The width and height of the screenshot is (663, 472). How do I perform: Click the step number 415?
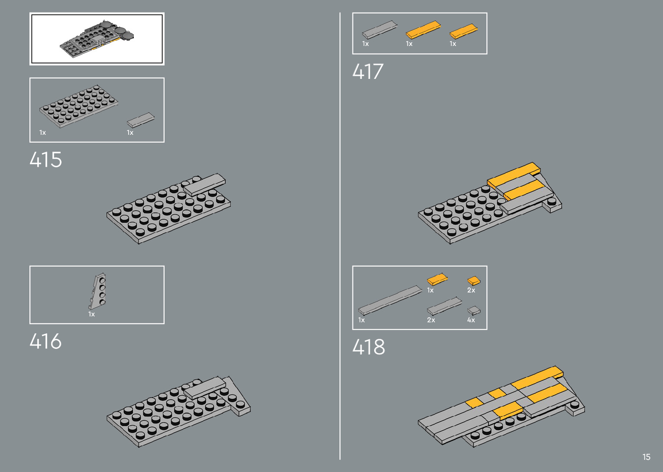pyautogui.click(x=46, y=160)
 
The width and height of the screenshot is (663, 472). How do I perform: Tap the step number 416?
pyautogui.click(x=45, y=342)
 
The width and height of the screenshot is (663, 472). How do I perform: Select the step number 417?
pyautogui.click(x=368, y=72)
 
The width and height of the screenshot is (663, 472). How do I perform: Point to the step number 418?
pyautogui.click(x=369, y=347)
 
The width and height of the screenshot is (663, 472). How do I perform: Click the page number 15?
pyautogui.click(x=646, y=457)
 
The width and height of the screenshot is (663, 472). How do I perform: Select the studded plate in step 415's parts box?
pyautogui.click(x=78, y=106)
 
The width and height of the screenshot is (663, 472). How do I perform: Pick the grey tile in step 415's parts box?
pyautogui.click(x=140, y=120)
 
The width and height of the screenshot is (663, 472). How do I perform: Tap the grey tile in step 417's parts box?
pyautogui.click(x=380, y=30)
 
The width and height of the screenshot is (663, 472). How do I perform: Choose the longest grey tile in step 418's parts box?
pyautogui.click(x=390, y=300)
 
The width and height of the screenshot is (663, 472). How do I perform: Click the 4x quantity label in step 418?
pyautogui.click(x=471, y=320)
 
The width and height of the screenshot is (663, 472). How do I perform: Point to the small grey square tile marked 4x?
pyautogui.click(x=474, y=310)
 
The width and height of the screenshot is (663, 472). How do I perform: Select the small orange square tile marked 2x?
pyautogui.click(x=473, y=281)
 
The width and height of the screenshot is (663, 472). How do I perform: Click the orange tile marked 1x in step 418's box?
pyautogui.click(x=437, y=279)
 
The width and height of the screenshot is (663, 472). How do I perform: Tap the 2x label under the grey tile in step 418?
pyautogui.click(x=431, y=320)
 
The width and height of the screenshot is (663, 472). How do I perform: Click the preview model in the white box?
pyautogui.click(x=97, y=39)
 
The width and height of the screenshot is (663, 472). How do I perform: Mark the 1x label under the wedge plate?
pyautogui.click(x=91, y=314)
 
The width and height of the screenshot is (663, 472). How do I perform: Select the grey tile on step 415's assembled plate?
pyautogui.click(x=204, y=184)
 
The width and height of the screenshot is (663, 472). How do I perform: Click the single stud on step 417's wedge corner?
pyautogui.click(x=552, y=201)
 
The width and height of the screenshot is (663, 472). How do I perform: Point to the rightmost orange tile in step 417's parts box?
pyautogui.click(x=463, y=31)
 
